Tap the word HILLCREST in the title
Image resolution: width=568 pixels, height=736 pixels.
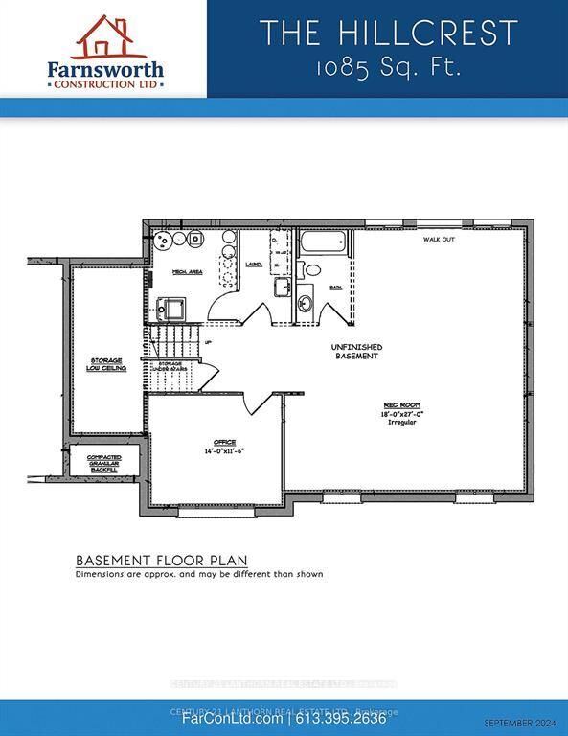click(x=425, y=34)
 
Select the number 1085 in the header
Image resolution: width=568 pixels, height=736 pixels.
click(x=340, y=70)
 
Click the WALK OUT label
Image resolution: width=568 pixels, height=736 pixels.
click(x=439, y=240)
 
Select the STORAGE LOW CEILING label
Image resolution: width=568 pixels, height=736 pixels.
click(x=108, y=363)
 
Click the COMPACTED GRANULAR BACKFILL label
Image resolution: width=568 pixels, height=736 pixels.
click(x=103, y=463)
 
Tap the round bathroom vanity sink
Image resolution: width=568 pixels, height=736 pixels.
click(x=305, y=305)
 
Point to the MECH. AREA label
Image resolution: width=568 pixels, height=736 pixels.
click(x=186, y=273)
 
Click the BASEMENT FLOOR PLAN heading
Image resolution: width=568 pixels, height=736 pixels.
click(x=161, y=560)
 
